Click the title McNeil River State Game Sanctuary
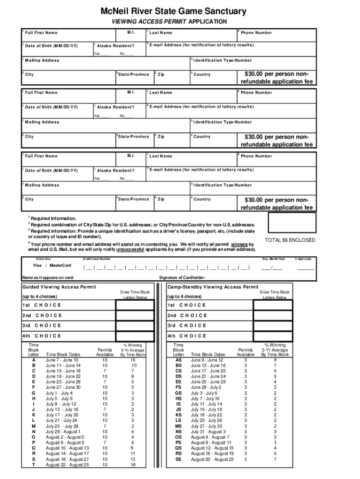click(180, 11)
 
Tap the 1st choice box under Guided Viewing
click(135, 305)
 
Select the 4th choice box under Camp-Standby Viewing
click(273, 336)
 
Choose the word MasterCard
click(60, 265)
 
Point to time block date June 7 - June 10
click(62, 360)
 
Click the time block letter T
click(33, 465)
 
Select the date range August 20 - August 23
click(212, 460)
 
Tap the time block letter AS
click(178, 360)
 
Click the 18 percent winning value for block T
click(133, 465)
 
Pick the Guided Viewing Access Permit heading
click(59, 287)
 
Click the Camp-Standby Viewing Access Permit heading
click(213, 287)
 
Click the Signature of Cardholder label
click(182, 277)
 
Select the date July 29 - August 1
click(63, 432)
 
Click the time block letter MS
click(178, 427)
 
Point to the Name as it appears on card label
click(48, 277)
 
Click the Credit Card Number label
click(97, 258)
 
